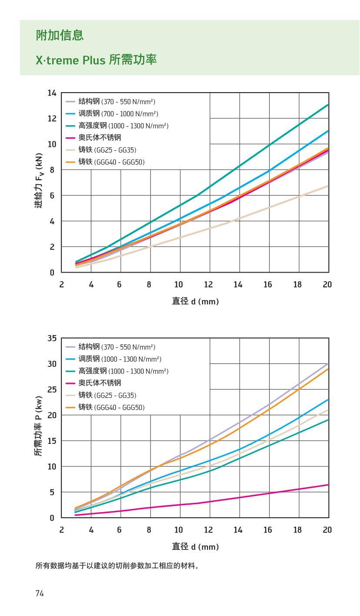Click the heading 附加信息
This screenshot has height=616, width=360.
pos(60,36)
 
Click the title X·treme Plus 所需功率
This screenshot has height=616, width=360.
pos(96,60)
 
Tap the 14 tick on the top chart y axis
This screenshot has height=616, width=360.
pos(52,93)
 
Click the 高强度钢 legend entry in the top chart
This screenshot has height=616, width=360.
pos(123,126)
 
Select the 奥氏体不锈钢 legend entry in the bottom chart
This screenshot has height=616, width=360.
pos(100,383)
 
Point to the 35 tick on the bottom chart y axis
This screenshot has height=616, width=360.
pos(52,338)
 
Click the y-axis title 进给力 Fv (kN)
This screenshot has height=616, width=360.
pos(40,180)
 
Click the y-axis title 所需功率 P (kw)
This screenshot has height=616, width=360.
pos(39,426)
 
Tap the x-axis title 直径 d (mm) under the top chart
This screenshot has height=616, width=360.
pos(195,301)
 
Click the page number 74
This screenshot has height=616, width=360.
pos(40,593)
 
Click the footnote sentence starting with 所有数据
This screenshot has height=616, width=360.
pos(117,566)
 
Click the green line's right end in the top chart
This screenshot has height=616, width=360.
pos(328,105)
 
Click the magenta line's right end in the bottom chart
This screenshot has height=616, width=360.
pos(328,485)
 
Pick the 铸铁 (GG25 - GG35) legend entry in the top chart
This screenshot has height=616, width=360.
pos(107,150)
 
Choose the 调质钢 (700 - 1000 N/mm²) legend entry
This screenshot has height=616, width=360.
pos(118,113)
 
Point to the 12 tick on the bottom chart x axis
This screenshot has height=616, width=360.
pos(209,529)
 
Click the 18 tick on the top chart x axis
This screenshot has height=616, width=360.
pos(298,284)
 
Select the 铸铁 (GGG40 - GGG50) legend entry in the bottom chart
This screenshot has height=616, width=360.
pos(111,407)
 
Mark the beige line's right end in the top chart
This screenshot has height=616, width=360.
pos(328,186)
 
